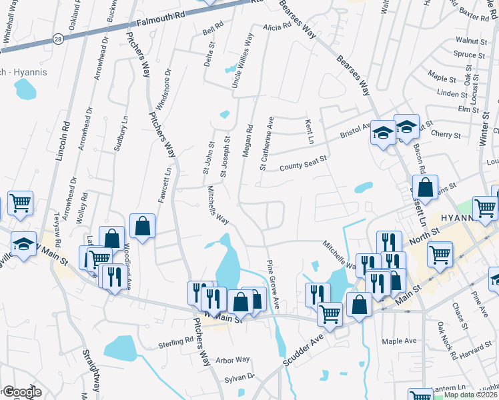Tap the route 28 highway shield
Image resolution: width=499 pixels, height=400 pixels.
(x=58, y=39)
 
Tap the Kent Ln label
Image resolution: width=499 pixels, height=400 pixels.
(x=310, y=132)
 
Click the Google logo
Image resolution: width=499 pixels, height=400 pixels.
(x=21, y=393)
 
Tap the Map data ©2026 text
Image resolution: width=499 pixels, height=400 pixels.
(x=470, y=395)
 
